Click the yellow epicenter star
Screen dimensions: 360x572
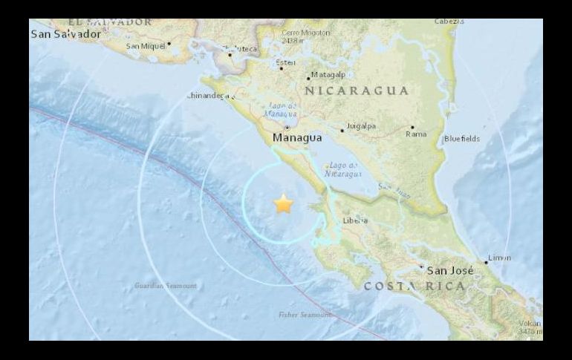point(283,203)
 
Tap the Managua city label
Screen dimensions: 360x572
point(297,138)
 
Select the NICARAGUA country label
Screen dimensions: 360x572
point(357,91)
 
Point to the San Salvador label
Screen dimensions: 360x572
point(65,34)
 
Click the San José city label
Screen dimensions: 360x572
point(449,270)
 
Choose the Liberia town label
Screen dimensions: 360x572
point(355,220)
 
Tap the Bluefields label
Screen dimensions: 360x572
point(462,139)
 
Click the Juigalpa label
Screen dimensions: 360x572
point(360,126)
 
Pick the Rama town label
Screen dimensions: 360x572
point(416,134)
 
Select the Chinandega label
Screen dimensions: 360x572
point(210,95)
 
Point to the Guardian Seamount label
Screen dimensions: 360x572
point(166,285)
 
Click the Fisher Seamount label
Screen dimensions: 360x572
point(305,315)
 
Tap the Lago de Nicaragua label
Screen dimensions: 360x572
point(342,169)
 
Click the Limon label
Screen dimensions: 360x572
point(498,258)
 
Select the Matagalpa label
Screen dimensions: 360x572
point(328,75)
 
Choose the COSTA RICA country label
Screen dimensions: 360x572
point(415,287)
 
